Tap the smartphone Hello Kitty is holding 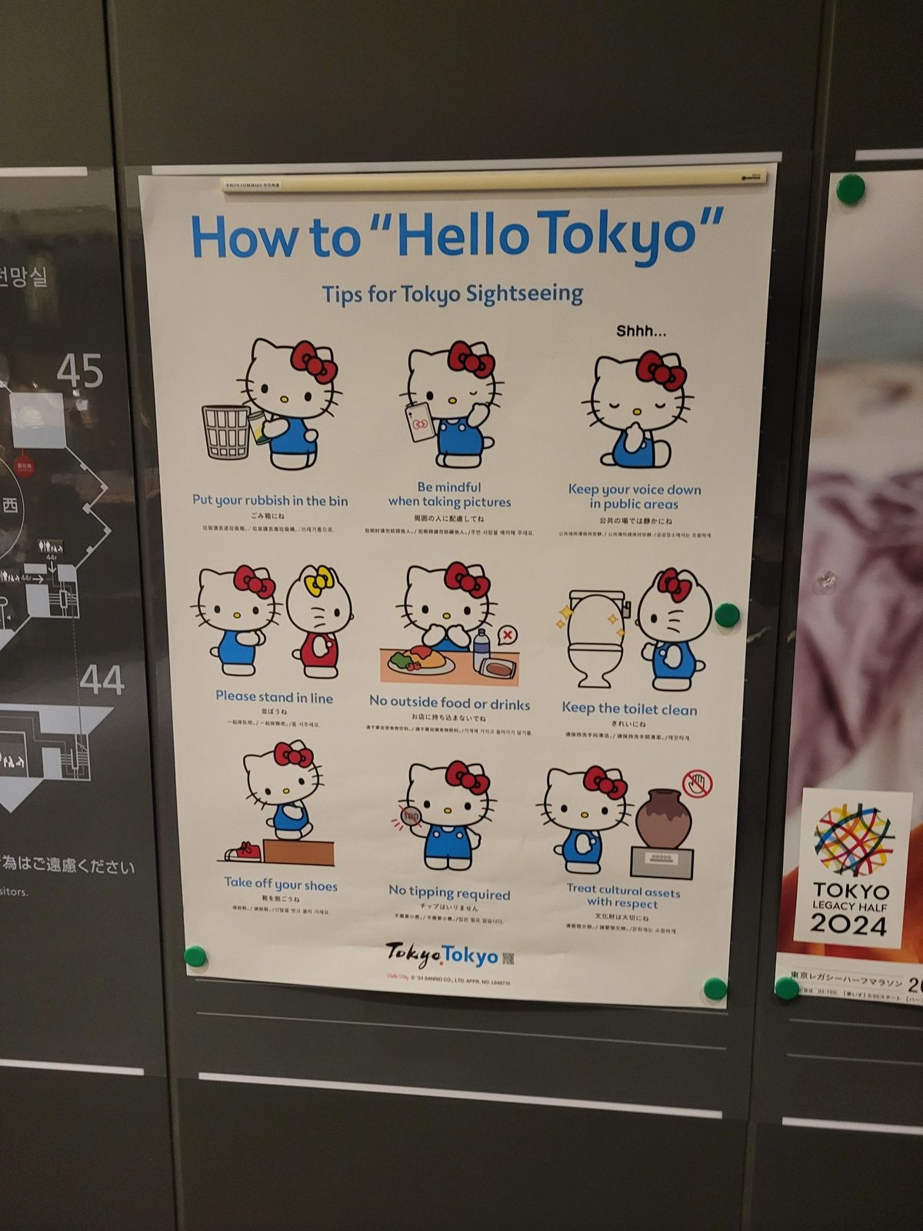tap(421, 422)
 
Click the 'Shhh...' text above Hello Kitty tap(641, 332)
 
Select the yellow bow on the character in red tap(318, 579)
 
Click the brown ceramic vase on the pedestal tap(662, 819)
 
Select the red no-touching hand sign tap(697, 784)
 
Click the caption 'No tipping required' tap(449, 892)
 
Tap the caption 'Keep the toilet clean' tap(629, 709)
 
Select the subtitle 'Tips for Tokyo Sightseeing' tap(452, 294)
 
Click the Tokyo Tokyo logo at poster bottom tap(442, 955)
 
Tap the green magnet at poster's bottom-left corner tap(196, 957)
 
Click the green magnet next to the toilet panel tap(726, 615)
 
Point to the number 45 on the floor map tap(80, 372)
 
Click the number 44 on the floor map tap(102, 680)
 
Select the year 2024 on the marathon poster tap(848, 923)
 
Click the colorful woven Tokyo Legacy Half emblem tap(852, 841)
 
